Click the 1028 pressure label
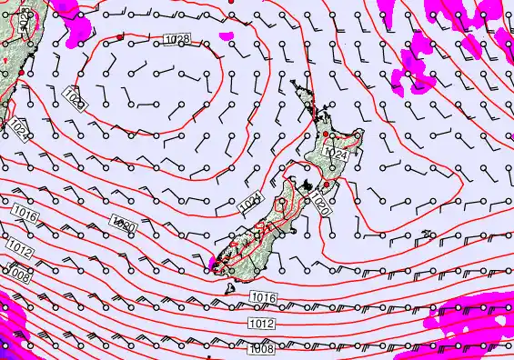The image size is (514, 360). coord(178,39)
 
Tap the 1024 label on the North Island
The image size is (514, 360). coord(336,155)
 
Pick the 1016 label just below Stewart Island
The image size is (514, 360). coord(262,298)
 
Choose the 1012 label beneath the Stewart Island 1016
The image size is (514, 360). coord(259,324)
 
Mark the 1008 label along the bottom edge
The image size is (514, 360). coord(262,348)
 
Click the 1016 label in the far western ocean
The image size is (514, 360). coord(25,215)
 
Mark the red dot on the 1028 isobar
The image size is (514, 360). coord(120,36)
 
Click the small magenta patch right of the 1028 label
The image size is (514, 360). coord(225,36)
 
